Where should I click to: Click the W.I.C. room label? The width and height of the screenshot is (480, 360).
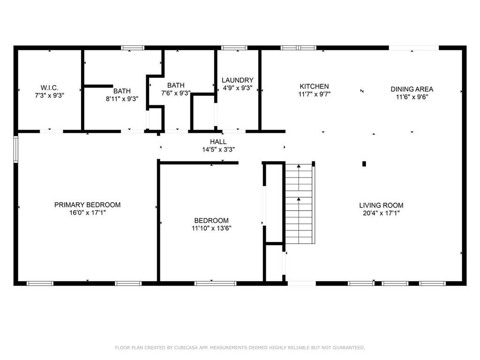click(49, 88)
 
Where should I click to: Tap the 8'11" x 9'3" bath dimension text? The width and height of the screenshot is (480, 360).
click(122, 99)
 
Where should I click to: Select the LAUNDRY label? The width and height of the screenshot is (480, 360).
click(237, 80)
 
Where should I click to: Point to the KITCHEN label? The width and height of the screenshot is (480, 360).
click(314, 86)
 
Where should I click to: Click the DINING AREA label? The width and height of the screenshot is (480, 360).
click(412, 89)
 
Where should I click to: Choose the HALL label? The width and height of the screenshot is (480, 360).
click(218, 142)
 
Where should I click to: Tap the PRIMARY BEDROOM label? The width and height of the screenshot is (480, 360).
click(87, 205)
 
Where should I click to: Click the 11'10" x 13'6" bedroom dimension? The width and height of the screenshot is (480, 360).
click(211, 228)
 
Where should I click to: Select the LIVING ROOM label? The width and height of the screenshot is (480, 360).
click(381, 205)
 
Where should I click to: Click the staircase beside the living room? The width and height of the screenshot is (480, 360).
click(300, 203)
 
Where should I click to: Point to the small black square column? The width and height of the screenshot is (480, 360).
click(364, 164)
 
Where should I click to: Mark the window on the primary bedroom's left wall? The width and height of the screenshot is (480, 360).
click(15, 149)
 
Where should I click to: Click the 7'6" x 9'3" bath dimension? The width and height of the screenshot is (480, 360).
click(176, 93)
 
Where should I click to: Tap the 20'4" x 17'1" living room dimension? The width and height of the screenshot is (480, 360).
click(381, 213)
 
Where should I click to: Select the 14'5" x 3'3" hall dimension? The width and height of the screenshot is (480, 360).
click(218, 150)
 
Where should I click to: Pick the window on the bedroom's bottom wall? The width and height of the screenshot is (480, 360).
click(215, 283)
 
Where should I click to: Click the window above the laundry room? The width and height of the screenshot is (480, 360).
click(234, 48)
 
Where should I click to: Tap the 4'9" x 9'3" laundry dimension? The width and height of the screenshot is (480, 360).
click(237, 88)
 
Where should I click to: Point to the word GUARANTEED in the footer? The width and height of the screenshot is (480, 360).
click(349, 347)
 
